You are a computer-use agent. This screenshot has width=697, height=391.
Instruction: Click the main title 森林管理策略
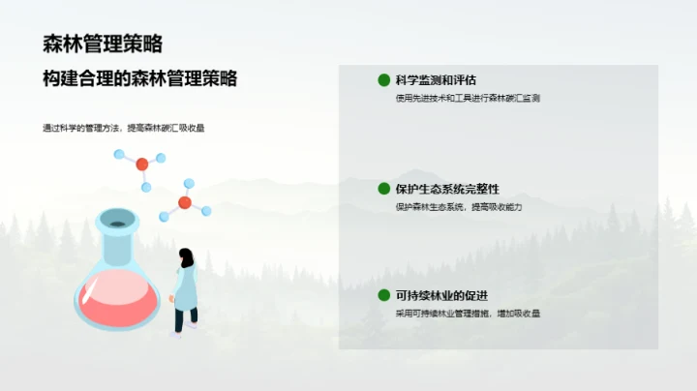pos(103,44)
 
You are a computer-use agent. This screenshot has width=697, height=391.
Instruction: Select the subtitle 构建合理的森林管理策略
pos(140,79)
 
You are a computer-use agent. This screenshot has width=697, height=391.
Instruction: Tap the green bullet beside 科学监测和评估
pos(383,80)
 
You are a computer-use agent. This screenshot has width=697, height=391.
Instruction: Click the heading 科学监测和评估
pos(437,80)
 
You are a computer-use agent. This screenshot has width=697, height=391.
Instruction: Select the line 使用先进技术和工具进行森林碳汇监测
pos(468,99)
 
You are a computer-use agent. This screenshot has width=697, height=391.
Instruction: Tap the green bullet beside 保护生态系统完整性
pos(383,189)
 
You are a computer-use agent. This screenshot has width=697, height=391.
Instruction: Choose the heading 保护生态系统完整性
pos(448,189)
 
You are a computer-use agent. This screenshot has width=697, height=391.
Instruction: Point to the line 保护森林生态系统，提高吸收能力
pos(459,207)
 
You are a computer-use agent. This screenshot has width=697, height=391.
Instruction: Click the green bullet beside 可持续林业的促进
pos(383,295)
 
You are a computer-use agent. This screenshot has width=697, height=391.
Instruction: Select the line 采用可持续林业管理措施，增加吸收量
pos(468,314)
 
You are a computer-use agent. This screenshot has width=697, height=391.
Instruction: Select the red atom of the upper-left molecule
pos(142,164)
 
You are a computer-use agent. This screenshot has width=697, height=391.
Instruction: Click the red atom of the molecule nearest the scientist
pos(184,203)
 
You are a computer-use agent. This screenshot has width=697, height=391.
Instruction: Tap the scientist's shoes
pos(183,329)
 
